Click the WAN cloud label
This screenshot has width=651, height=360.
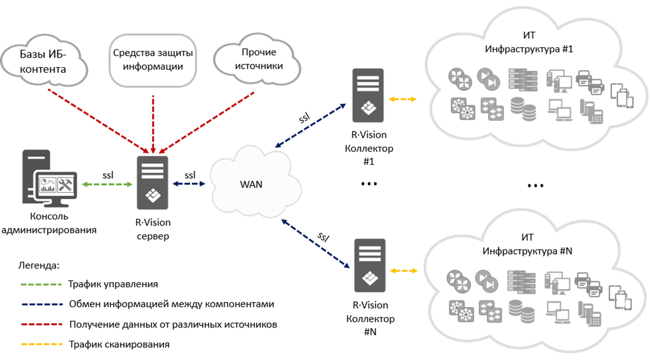251,184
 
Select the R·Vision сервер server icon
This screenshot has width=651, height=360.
153,183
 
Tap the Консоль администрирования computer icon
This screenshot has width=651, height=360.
49,183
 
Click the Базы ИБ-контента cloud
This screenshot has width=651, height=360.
43,62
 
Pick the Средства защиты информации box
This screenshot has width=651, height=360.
153,59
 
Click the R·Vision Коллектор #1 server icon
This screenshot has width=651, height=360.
368,95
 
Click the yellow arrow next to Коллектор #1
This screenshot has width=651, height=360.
403,100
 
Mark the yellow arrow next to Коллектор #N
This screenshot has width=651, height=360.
403,271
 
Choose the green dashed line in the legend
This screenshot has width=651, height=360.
41,284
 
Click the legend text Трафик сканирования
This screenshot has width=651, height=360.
119,345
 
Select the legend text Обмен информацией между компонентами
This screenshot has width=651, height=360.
171,304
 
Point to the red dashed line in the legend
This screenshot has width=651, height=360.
41,324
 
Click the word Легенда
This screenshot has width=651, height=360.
39,264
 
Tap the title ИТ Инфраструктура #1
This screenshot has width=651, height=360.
529,42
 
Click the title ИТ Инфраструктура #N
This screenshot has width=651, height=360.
528,244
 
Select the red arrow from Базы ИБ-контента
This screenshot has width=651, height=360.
96,121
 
